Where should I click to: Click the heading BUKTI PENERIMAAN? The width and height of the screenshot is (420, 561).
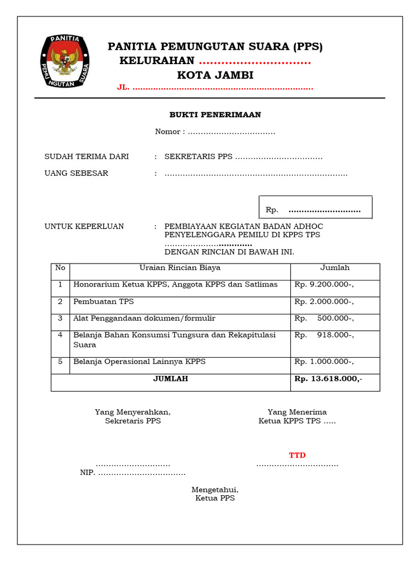(215, 115)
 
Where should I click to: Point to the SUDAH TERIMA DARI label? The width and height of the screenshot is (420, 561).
(86, 157)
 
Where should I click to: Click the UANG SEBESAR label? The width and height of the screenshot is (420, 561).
(76, 173)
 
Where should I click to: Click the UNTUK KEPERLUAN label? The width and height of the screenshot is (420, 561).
(84, 226)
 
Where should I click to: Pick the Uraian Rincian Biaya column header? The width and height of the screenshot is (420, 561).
(180, 268)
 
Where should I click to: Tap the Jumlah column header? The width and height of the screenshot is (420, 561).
(335, 268)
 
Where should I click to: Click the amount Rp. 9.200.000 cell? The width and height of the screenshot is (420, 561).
(324, 285)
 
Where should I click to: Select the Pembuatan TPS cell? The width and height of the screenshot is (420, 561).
(103, 302)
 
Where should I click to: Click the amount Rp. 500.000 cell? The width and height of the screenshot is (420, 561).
(324, 318)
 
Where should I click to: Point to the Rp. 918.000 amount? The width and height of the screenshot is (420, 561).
(324, 335)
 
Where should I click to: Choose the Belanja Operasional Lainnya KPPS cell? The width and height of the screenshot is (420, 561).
(139, 362)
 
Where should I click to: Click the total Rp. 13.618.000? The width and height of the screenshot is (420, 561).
(328, 379)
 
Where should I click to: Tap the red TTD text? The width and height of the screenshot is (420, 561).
(297, 455)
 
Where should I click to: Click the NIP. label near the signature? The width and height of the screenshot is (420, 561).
(87, 473)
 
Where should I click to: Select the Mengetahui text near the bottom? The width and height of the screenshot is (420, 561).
(215, 489)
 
